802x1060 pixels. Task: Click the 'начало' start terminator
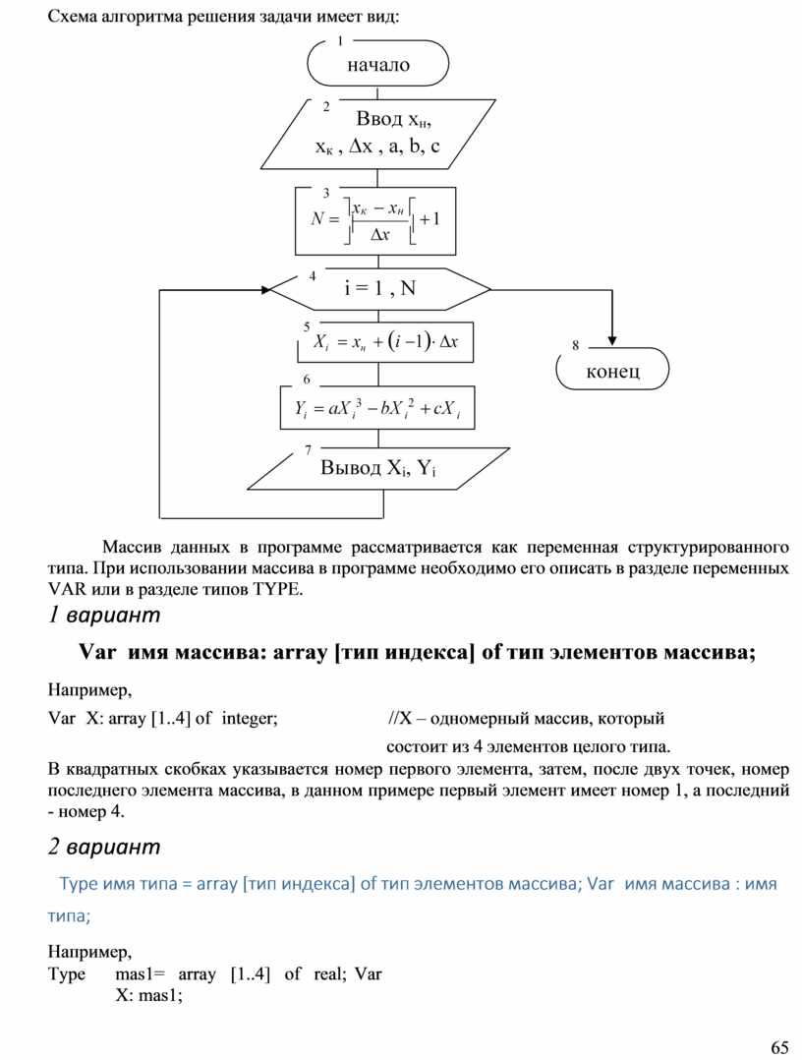point(378,65)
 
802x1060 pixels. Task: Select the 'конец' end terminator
point(612,371)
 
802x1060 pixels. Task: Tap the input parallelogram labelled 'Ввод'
point(378,134)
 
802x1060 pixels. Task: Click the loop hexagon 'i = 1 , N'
point(379,289)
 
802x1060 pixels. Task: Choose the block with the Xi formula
point(385,342)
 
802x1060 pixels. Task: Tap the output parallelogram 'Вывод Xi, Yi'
point(378,467)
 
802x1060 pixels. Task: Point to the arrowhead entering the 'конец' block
point(612,341)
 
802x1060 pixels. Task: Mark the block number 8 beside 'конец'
point(575,345)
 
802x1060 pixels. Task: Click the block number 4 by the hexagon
point(313,276)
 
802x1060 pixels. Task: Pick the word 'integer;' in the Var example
point(250,719)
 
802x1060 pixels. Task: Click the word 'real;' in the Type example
point(328,974)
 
